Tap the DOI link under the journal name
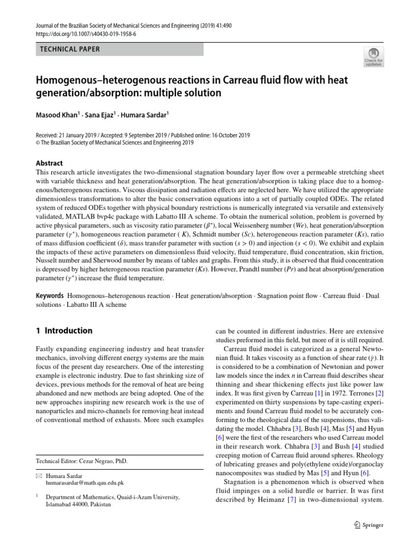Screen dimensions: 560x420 pyautogui.click(x=86, y=33)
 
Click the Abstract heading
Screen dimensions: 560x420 pyautogui.click(x=49, y=163)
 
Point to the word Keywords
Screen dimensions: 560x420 pyautogui.click(x=50, y=296)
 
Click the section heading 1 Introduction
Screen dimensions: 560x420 pyautogui.click(x=64, y=331)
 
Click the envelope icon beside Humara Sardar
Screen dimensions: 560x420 pyautogui.click(x=39, y=476)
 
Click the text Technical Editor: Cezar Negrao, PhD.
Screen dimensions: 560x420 pyautogui.click(x=81, y=461)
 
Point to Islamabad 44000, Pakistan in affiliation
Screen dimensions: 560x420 pyautogui.click(x=78, y=504)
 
